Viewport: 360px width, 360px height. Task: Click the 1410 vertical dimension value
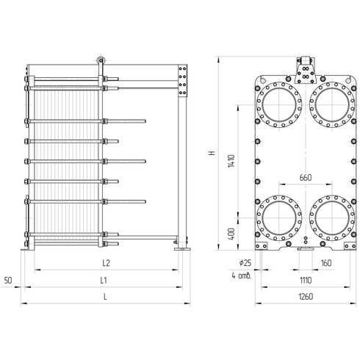pos(231,161)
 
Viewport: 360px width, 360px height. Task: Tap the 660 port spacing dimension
pos(306,178)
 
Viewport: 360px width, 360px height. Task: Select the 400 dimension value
pos(231,234)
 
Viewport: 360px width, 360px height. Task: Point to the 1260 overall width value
pos(306,297)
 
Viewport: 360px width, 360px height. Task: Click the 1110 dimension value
pos(306,280)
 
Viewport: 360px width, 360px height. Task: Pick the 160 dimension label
pos(326,263)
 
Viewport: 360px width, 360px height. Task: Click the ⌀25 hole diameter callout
pos(245,263)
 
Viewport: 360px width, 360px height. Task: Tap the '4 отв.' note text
pos(242,276)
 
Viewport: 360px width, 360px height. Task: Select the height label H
pos(212,153)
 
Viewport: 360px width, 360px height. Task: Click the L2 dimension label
pos(106,263)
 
